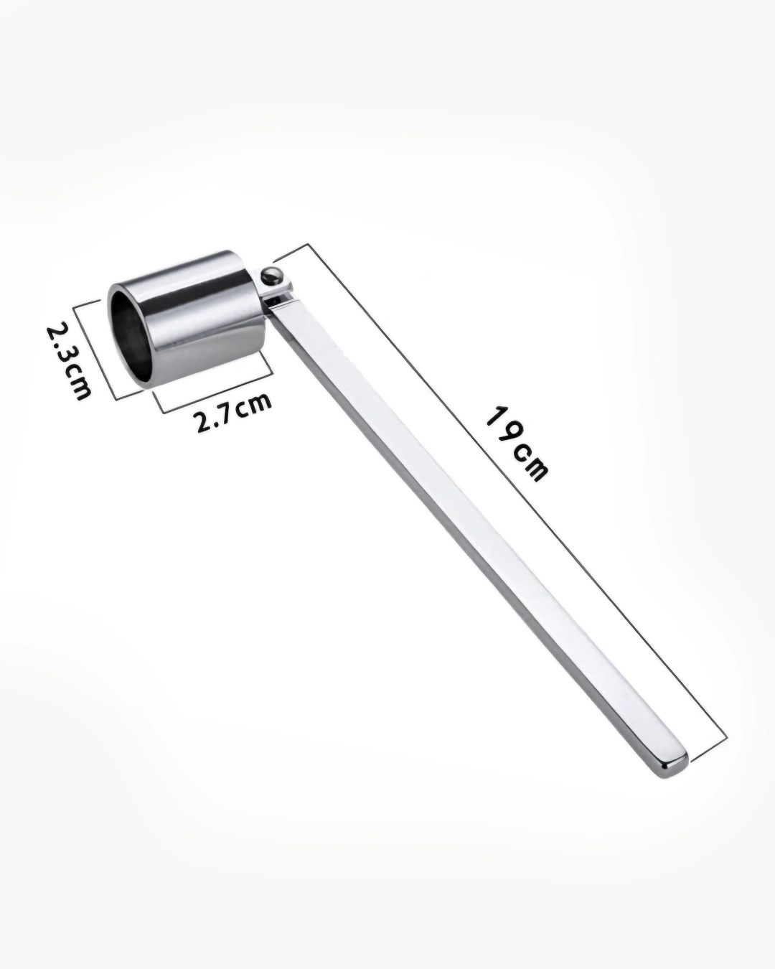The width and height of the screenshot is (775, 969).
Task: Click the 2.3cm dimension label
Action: pos(69,360)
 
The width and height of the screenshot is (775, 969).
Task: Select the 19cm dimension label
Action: pos(517,444)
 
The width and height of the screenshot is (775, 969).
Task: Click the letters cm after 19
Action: pos(534,464)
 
